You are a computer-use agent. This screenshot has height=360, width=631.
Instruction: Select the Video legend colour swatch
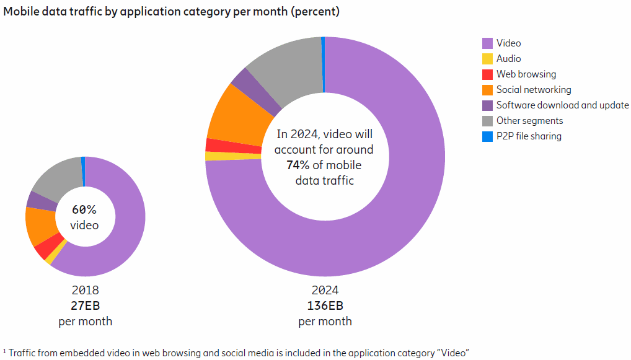click(x=487, y=43)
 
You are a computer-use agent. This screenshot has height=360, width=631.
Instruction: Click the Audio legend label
click(x=508, y=59)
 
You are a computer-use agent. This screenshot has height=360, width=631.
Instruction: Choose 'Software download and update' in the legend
click(x=562, y=105)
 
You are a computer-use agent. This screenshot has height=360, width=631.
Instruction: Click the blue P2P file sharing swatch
click(x=487, y=136)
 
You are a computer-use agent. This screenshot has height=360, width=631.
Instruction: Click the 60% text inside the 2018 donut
click(x=84, y=209)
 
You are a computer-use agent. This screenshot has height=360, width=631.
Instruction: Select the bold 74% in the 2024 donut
click(x=298, y=165)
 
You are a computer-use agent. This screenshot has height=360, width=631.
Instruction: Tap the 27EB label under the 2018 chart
click(x=85, y=305)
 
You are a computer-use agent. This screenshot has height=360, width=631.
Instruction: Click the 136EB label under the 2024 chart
click(x=325, y=305)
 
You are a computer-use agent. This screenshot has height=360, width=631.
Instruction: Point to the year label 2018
click(x=85, y=290)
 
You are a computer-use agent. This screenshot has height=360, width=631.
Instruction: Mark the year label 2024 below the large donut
click(x=325, y=290)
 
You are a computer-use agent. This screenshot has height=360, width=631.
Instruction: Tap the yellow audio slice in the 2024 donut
click(x=233, y=156)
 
